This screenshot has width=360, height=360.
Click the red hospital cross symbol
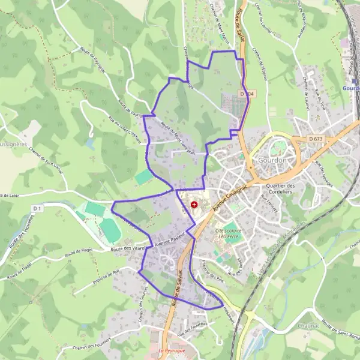click(x=193, y=205)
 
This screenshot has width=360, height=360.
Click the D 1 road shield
click(x=37, y=208)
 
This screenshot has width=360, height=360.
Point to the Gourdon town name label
click(x=271, y=161)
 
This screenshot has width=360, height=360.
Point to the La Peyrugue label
click(x=171, y=349)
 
